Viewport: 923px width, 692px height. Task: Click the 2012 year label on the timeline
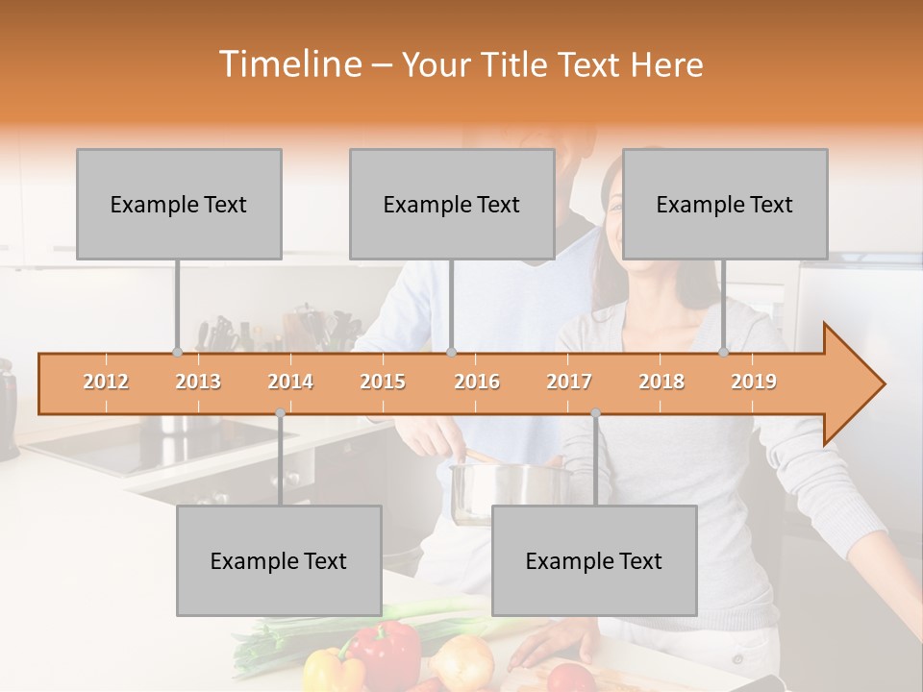tap(106, 382)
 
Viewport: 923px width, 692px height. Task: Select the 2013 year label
tap(198, 382)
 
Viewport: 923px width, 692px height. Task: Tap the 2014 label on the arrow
tap(290, 382)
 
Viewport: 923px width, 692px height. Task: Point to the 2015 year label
tap(383, 382)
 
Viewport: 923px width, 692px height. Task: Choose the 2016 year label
tap(477, 382)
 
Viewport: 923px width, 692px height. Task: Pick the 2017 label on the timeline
tap(569, 382)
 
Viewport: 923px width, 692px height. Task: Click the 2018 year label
tap(661, 382)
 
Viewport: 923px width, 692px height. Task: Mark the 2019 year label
tap(754, 382)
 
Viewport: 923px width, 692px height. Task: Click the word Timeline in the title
tap(288, 64)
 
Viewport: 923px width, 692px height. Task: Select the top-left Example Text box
tap(179, 204)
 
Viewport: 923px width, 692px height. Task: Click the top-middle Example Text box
tap(452, 204)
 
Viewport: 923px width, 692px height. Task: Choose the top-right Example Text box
tap(725, 204)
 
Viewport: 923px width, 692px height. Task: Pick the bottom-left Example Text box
tap(279, 560)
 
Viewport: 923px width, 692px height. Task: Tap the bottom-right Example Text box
tap(594, 560)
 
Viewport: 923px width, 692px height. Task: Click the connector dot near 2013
tap(177, 352)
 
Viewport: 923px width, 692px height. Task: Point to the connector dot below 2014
tap(280, 413)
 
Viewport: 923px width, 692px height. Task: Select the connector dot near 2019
tap(724, 352)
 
